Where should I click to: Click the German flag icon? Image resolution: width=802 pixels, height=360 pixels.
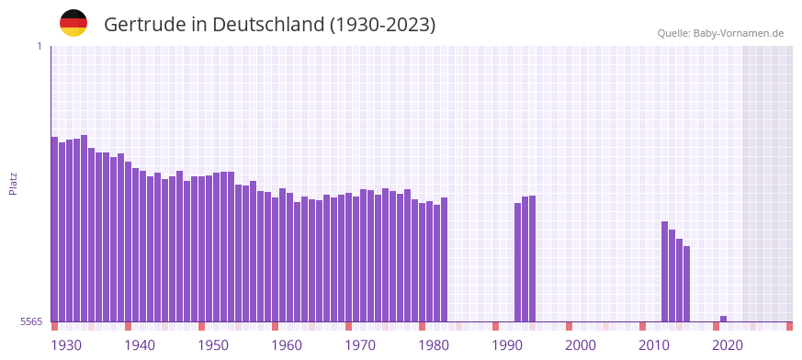(x=73, y=23)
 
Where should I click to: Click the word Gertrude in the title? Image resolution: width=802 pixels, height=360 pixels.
(x=146, y=24)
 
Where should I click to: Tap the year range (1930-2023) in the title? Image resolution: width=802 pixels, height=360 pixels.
(x=382, y=24)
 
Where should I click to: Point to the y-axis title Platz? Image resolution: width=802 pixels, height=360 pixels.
(x=13, y=184)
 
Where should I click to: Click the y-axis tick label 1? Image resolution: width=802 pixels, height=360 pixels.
(x=39, y=46)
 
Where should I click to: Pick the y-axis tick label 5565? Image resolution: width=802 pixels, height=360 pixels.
(x=30, y=321)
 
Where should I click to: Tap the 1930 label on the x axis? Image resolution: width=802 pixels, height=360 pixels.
(x=66, y=344)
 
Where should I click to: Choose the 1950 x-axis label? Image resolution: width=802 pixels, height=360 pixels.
(x=213, y=344)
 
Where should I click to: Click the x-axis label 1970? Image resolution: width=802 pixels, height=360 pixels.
(x=360, y=344)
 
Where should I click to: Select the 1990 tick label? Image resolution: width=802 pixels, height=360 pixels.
(x=507, y=344)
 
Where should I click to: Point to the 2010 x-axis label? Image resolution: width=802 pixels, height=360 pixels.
(x=654, y=344)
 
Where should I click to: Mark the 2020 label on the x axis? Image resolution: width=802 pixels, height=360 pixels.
(x=728, y=344)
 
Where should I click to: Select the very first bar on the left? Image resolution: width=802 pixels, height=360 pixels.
(x=55, y=230)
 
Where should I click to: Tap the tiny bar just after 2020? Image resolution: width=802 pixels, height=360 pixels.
(x=724, y=319)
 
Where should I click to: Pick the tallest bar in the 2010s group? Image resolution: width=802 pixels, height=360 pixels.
(x=665, y=271)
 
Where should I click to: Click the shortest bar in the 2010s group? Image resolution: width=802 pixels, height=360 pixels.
(x=687, y=284)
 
